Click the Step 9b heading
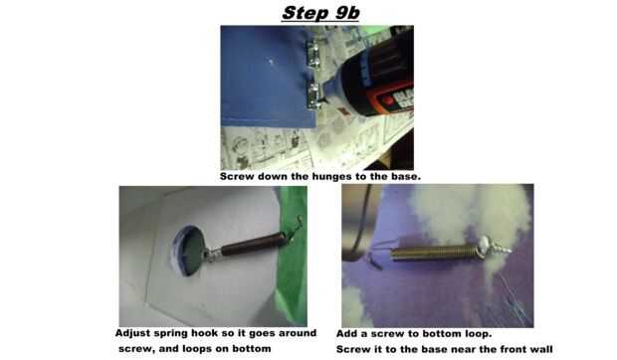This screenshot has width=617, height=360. [x=320, y=13]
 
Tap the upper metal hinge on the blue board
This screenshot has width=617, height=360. [x=313, y=54]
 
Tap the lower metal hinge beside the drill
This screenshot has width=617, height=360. [x=314, y=96]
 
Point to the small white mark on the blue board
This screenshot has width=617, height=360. [x=271, y=61]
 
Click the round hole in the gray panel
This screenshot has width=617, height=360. [x=188, y=252]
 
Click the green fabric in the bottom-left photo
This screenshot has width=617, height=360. [x=292, y=256]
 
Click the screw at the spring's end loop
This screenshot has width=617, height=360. [x=493, y=247]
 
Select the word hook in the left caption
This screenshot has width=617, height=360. [x=205, y=333]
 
